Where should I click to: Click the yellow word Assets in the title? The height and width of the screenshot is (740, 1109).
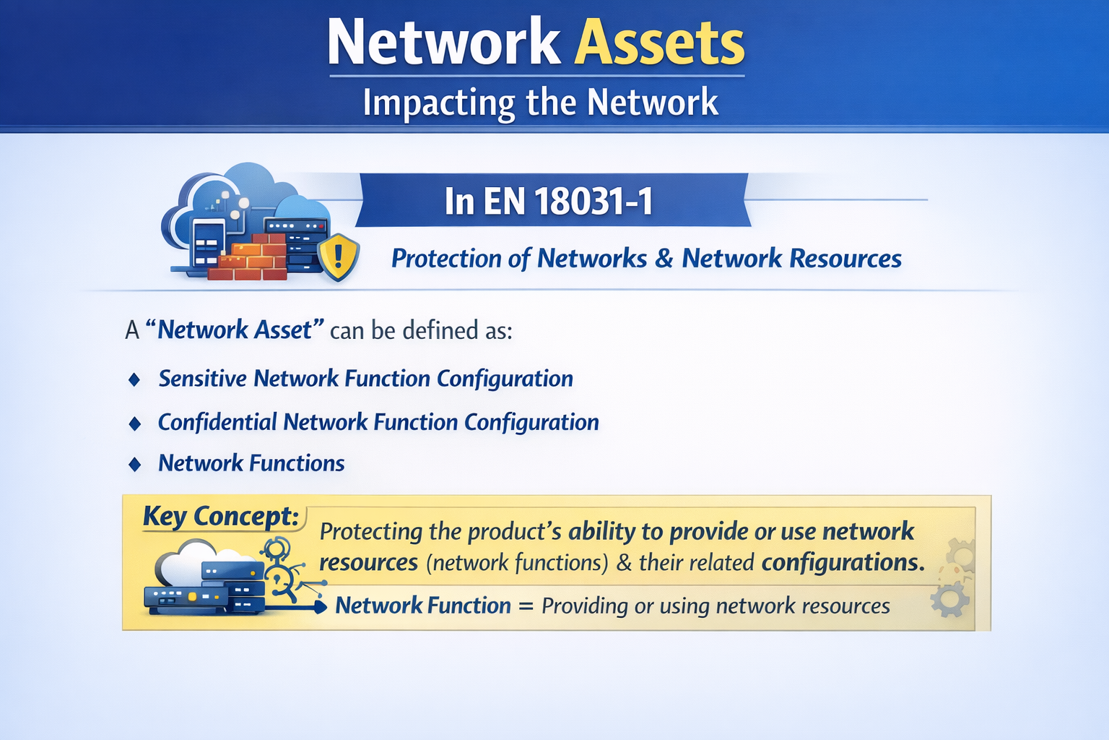click(x=659, y=43)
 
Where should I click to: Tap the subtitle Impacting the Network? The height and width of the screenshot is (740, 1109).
click(x=540, y=102)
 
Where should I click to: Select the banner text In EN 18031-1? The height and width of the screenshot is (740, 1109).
click(x=549, y=201)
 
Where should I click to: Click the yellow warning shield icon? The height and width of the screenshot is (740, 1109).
click(x=338, y=256)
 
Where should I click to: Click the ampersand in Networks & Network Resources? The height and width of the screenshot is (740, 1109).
click(x=664, y=259)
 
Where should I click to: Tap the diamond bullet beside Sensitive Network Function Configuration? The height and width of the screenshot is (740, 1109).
click(x=134, y=379)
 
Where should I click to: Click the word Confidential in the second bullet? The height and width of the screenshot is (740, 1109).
click(x=217, y=422)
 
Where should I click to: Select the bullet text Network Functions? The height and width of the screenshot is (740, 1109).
click(x=251, y=463)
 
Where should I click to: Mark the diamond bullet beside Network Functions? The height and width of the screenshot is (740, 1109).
click(x=134, y=464)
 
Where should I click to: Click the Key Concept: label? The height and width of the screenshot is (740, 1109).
click(x=221, y=516)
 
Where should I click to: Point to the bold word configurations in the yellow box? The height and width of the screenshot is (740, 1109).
click(x=842, y=562)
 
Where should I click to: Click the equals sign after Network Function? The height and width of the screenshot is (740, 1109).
click(x=526, y=606)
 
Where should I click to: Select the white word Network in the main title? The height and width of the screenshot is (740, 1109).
click(x=443, y=43)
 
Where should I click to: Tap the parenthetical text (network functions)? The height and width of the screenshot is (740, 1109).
click(x=517, y=562)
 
